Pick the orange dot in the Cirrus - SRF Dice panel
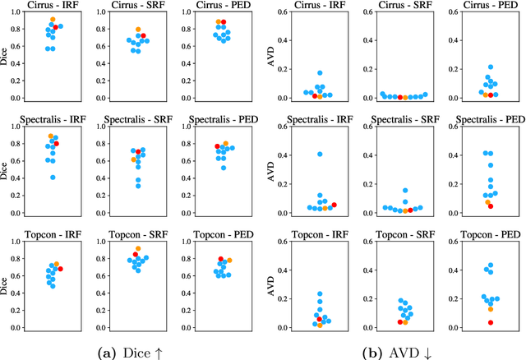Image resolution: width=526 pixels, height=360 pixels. [138, 30]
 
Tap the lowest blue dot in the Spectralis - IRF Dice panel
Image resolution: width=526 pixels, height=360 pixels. [53, 177]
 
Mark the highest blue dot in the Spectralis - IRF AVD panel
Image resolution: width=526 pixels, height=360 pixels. [321, 155]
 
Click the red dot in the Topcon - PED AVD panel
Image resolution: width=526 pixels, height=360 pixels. [491, 323]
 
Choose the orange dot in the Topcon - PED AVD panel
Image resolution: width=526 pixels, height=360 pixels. [491, 309]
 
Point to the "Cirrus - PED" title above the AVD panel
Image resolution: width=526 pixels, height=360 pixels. [490, 6]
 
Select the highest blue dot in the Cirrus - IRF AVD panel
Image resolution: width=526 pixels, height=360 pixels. [321, 73]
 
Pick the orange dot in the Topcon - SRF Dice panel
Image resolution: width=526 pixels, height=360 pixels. [138, 248]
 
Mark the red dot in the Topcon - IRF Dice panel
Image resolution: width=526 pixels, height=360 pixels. [60, 269]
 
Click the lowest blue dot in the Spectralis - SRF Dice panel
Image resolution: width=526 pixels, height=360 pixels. [138, 186]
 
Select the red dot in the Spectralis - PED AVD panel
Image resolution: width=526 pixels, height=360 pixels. [491, 206]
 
